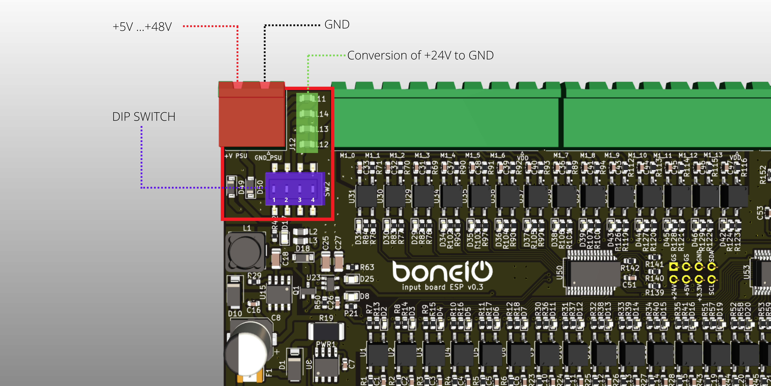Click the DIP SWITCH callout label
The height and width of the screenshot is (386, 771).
144,117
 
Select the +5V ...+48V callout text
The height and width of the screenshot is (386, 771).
142,27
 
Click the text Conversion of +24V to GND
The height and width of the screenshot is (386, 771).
420,55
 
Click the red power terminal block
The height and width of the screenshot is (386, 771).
251,115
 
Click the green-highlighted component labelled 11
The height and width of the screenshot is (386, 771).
307,98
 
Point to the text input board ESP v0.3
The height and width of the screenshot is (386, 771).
442,287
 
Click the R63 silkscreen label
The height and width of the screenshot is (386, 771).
367,267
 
